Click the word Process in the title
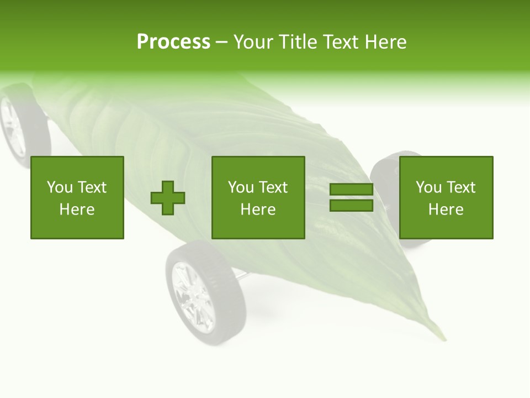tap(173, 42)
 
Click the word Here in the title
tap(386, 42)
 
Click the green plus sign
tap(168, 198)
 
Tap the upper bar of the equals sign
tap(351, 190)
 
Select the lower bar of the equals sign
tap(351, 206)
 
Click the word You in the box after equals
tap(428, 188)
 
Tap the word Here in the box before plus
tap(77, 210)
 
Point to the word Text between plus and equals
tap(274, 188)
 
